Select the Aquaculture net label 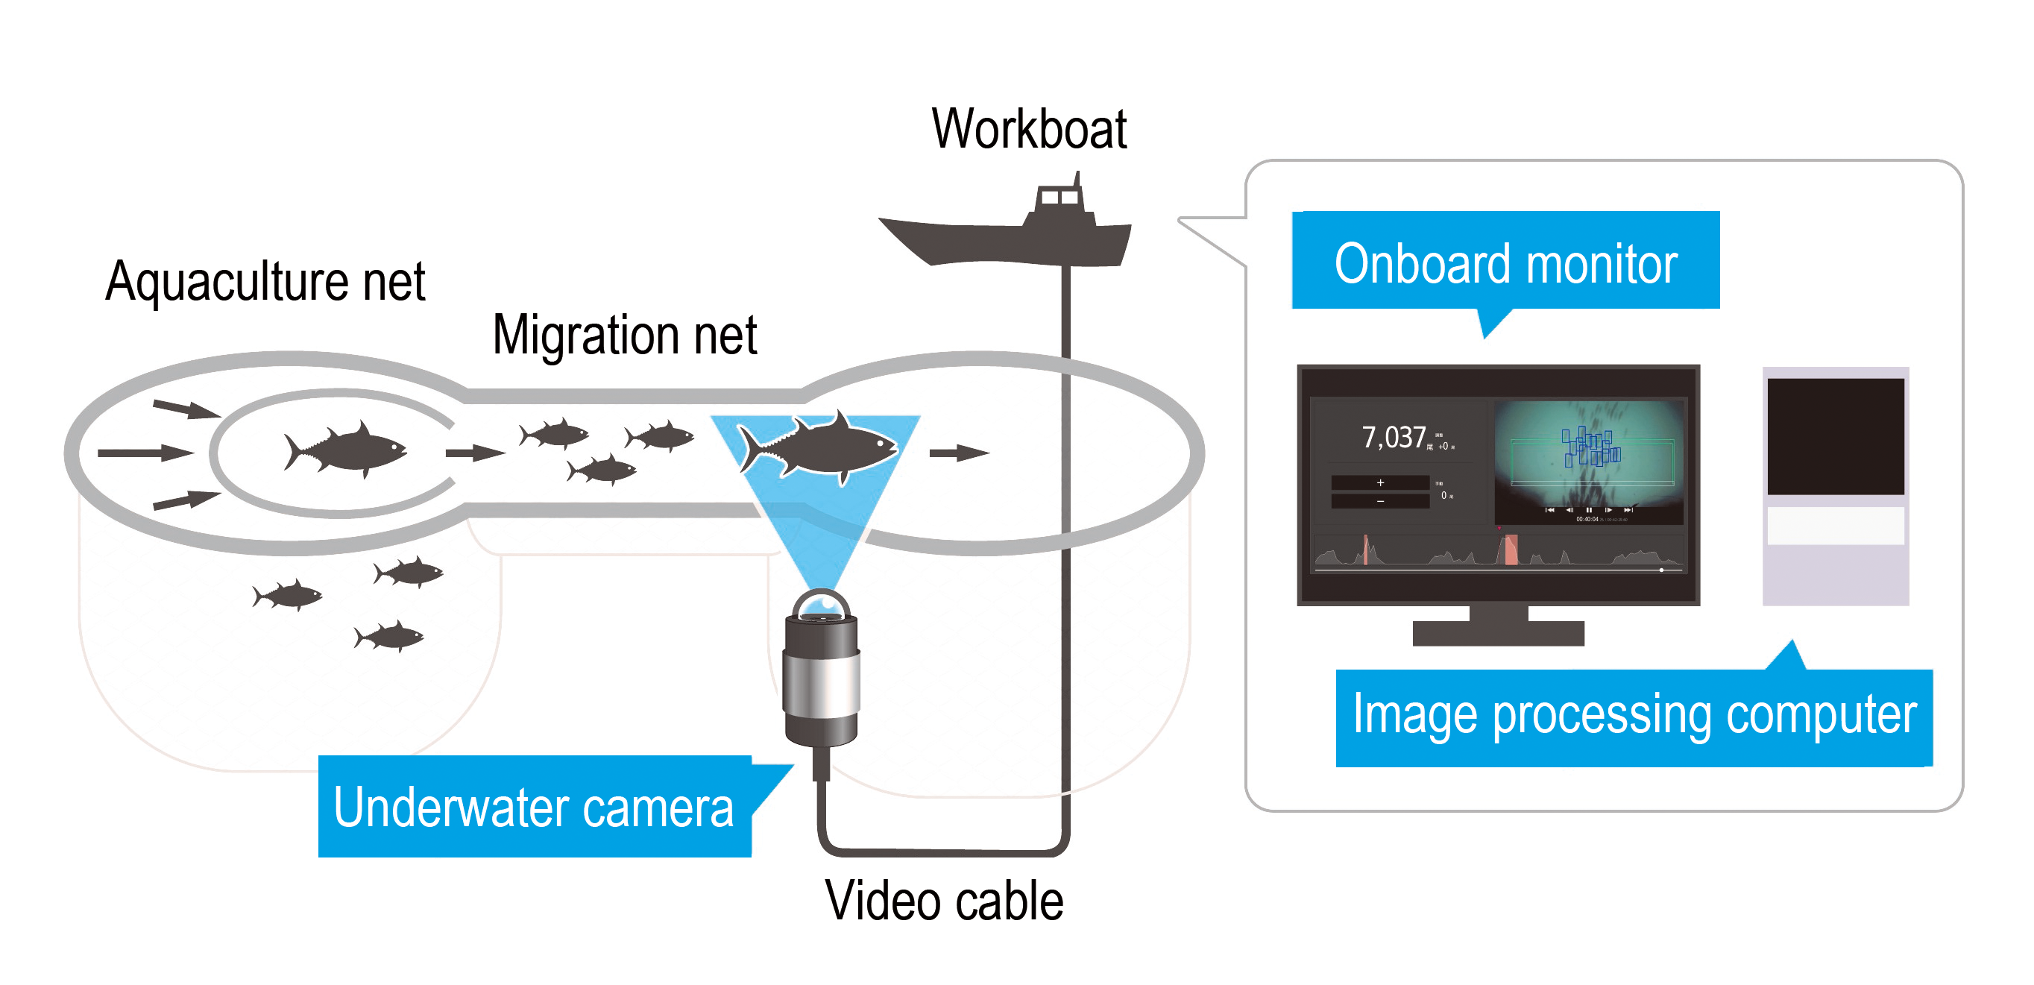(265, 281)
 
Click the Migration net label (624, 335)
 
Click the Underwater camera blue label (534, 808)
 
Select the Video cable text (944, 901)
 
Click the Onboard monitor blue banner (1505, 262)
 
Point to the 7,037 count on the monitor (1394, 437)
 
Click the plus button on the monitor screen (1379, 482)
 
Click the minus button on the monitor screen (1379, 501)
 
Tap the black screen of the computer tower (1835, 436)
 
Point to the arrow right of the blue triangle (959, 453)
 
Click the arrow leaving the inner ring (474, 453)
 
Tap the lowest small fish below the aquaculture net (390, 637)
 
